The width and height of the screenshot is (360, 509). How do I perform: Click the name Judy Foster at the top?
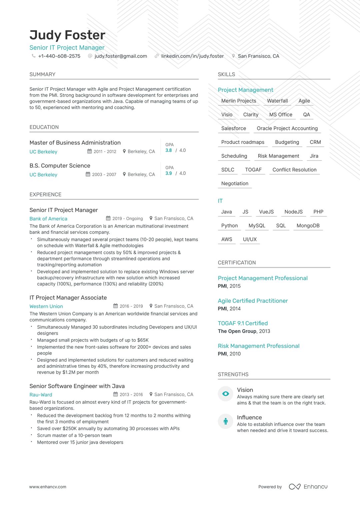coord(67,35)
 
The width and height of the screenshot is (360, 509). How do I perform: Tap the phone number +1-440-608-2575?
coord(59,56)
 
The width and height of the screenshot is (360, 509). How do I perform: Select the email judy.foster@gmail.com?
coord(121,56)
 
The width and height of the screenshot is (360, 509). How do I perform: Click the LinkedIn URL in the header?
coord(192,56)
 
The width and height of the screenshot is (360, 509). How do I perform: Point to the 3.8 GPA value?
coord(169,150)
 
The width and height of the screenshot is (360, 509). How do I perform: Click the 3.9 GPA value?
coord(169,173)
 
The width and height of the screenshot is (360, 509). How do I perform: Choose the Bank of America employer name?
coord(48,219)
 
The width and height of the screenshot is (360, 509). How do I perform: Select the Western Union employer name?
coord(46,306)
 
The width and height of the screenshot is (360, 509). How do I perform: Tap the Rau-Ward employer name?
coord(41,394)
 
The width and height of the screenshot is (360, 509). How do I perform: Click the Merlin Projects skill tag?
coord(239,101)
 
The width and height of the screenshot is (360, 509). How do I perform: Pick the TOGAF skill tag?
coord(253,170)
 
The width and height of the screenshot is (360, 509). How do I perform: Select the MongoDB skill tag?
coord(308,226)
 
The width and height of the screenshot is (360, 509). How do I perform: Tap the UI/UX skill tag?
coord(250,239)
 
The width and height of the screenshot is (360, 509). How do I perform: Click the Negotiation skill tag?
coord(235,184)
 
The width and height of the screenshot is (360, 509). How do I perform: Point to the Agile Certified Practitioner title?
coord(253,301)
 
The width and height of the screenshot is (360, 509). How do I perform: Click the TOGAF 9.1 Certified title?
coord(243,323)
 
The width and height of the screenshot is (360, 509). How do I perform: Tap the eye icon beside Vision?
coord(226,394)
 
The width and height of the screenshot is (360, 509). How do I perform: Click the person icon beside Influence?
coord(226,421)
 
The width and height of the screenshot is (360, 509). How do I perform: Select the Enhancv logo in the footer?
coord(308,487)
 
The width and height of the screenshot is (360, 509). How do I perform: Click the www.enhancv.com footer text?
coord(48,487)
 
